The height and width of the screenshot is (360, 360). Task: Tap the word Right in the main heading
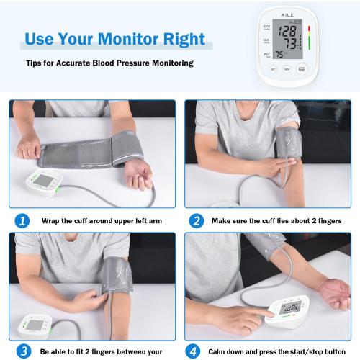[186, 38]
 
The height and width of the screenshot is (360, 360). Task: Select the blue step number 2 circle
[195, 221]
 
